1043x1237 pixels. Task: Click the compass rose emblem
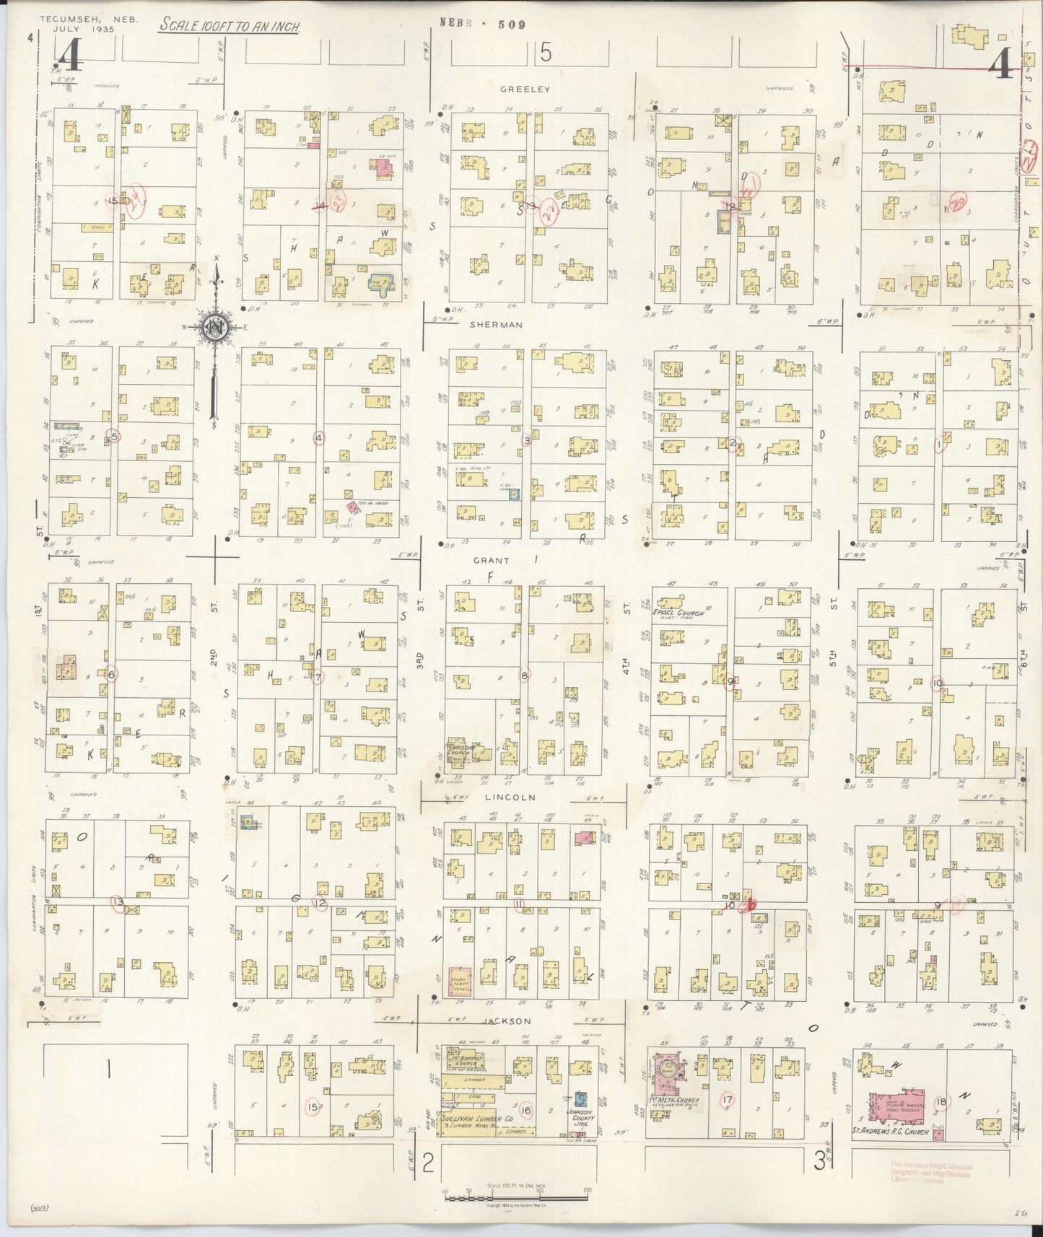(x=215, y=327)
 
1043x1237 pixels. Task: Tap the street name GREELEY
(x=525, y=89)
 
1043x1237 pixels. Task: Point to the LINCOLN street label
(x=510, y=797)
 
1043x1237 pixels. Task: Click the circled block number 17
(x=727, y=1099)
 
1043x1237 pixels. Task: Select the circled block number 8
(x=525, y=675)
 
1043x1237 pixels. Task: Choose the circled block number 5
(x=113, y=435)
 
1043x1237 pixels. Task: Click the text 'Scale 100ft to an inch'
(x=230, y=27)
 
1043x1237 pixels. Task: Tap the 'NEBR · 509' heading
(x=482, y=25)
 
